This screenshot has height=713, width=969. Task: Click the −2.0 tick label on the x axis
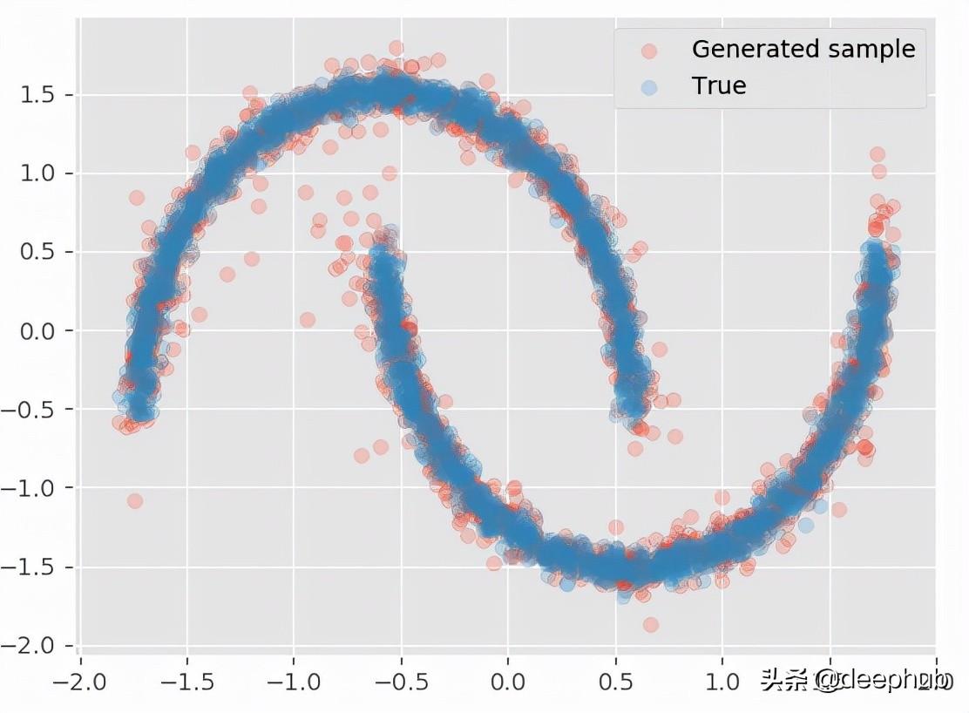coord(78,680)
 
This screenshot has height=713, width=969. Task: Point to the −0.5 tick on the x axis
coord(400,680)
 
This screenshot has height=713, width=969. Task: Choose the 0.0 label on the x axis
coord(508,680)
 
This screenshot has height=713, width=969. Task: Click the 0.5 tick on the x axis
coord(615,680)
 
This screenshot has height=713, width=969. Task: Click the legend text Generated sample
coord(803,50)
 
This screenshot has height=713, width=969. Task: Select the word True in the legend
coord(719,86)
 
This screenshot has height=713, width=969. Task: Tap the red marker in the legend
coord(647,51)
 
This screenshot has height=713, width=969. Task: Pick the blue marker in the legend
coord(647,86)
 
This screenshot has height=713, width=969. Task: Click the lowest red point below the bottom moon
coord(650,625)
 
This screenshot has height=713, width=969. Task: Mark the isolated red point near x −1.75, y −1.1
coord(134,501)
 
